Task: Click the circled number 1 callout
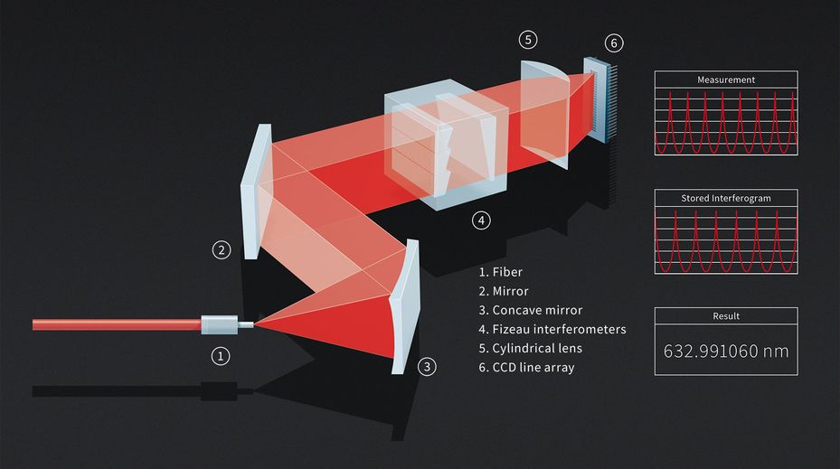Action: point(221,356)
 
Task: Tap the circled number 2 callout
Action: point(222,250)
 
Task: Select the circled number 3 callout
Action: point(427,367)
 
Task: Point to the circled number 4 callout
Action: point(481,220)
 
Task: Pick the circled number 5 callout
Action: point(528,40)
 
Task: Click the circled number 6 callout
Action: point(614,42)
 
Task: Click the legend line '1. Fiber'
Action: point(500,272)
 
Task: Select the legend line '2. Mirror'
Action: point(504,291)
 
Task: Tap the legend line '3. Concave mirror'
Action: point(531,311)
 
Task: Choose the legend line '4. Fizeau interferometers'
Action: point(552,329)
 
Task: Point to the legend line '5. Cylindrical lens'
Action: point(531,349)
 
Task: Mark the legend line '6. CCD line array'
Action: point(526,368)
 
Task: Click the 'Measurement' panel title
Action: point(726,80)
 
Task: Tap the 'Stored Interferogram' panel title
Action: point(726,198)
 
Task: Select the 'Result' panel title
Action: point(726,316)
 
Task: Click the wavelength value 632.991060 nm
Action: point(726,352)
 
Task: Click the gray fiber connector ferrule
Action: point(220,324)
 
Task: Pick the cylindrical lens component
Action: point(543,114)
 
